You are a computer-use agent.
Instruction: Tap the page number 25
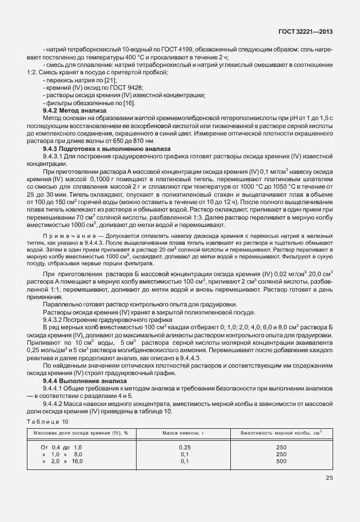[329, 478]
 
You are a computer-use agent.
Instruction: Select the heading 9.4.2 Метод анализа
[74, 110]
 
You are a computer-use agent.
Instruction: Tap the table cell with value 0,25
[185, 447]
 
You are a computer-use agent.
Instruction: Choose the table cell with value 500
[281, 460]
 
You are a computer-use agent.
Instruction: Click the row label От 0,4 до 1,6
[61, 447]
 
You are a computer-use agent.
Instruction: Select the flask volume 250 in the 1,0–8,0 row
[281, 453]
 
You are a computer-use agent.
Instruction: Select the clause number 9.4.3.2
[56, 320]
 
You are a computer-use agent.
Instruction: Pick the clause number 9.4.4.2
[56, 403]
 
